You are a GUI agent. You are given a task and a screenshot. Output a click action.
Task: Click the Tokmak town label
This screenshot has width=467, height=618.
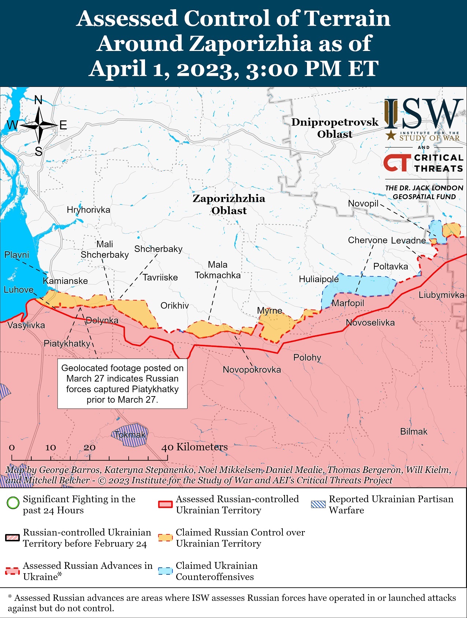pos(130,435)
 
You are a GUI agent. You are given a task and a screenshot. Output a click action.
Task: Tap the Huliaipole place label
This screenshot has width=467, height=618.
pos(319,279)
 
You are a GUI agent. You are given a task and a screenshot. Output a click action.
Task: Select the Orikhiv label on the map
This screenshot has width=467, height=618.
pos(175,306)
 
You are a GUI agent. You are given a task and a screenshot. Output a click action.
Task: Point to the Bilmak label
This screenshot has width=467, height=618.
pos(414,432)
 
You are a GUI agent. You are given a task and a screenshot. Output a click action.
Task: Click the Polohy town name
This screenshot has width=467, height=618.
pos(307,358)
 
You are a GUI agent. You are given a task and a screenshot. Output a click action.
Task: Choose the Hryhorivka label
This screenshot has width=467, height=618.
pos(88,210)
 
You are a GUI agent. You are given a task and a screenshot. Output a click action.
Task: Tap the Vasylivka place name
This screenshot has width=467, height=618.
pos(26,325)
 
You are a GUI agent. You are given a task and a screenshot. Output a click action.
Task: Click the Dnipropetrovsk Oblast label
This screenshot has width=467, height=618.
pos(334,128)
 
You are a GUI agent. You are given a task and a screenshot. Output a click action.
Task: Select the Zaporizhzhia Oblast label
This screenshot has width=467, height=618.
pos(229,204)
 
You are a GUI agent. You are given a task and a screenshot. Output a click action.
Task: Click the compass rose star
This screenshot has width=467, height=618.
pos(39,125)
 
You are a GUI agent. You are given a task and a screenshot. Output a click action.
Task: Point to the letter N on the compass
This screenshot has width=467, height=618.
pos(38,100)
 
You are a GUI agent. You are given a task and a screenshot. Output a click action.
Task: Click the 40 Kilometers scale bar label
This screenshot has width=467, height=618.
pos(194,447)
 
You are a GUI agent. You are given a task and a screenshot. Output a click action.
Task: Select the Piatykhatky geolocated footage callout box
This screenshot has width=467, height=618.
pos(122,384)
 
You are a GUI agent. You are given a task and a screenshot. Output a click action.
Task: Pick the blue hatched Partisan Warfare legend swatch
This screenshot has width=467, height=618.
pos(318,504)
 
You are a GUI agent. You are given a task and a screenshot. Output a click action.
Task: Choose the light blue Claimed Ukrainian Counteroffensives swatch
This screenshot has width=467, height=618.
pos(165,571)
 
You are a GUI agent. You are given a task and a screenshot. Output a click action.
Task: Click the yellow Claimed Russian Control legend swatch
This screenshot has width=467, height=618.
pos(165,538)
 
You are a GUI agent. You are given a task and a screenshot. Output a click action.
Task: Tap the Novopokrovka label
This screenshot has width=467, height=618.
pos(252,370)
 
